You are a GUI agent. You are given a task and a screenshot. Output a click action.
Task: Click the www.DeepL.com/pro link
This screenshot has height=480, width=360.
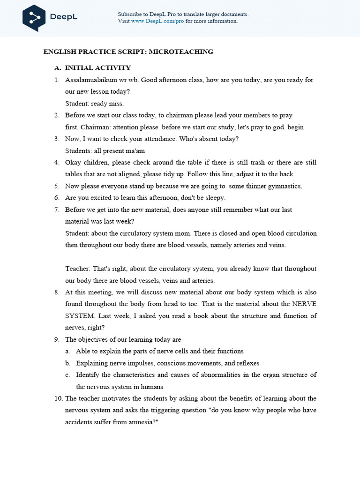[157, 21]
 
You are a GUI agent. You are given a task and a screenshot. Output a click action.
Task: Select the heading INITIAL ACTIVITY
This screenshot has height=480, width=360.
[98, 68]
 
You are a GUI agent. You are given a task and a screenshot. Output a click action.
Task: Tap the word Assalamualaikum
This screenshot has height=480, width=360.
[88, 80]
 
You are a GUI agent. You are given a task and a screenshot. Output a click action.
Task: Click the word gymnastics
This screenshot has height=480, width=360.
[285, 186]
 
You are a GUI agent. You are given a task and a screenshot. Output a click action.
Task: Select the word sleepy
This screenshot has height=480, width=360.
[214, 198]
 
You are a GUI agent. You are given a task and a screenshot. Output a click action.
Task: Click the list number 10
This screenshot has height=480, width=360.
[58, 398]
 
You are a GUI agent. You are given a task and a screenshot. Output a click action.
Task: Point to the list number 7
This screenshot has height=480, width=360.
[56, 210]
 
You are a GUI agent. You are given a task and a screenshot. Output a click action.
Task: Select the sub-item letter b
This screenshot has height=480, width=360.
[68, 363]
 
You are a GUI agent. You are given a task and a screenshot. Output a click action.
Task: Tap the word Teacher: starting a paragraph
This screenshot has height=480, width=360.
[78, 269]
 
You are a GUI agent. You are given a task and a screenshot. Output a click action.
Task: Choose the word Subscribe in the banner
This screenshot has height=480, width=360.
[131, 14]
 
